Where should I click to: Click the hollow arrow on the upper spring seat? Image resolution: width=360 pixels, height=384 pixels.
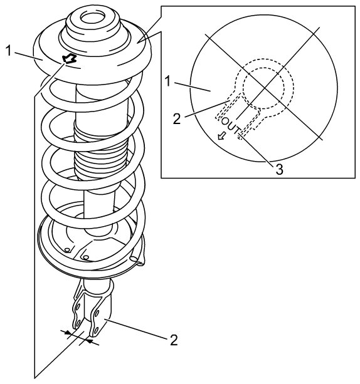(x=70, y=59)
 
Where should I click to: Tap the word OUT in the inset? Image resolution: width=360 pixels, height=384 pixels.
(x=230, y=126)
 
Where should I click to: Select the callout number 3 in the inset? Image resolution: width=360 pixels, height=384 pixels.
(x=279, y=170)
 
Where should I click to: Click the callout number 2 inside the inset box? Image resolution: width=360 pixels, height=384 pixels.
(x=177, y=119)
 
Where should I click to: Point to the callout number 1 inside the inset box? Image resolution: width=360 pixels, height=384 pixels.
(x=167, y=81)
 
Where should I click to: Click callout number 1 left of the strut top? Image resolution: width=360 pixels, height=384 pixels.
(x=8, y=51)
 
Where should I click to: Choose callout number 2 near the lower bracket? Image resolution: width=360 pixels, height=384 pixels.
(x=174, y=340)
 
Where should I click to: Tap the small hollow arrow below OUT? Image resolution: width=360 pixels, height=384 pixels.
(x=221, y=135)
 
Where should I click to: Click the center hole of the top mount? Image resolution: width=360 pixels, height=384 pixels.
(x=93, y=19)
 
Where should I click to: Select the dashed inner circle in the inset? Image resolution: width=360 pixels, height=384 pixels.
(x=263, y=88)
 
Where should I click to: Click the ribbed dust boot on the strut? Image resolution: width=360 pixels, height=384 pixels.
(x=100, y=150)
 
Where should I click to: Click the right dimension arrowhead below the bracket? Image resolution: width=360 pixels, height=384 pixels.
(x=90, y=341)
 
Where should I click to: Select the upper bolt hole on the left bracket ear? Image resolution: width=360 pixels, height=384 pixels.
(x=78, y=307)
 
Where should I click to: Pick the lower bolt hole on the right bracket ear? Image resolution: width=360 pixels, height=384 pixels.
(x=96, y=330)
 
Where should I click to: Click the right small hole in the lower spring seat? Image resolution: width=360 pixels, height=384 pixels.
(x=86, y=257)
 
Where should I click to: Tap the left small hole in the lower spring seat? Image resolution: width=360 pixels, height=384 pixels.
(x=67, y=250)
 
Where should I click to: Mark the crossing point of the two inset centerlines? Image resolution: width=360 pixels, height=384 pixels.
(x=263, y=88)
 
